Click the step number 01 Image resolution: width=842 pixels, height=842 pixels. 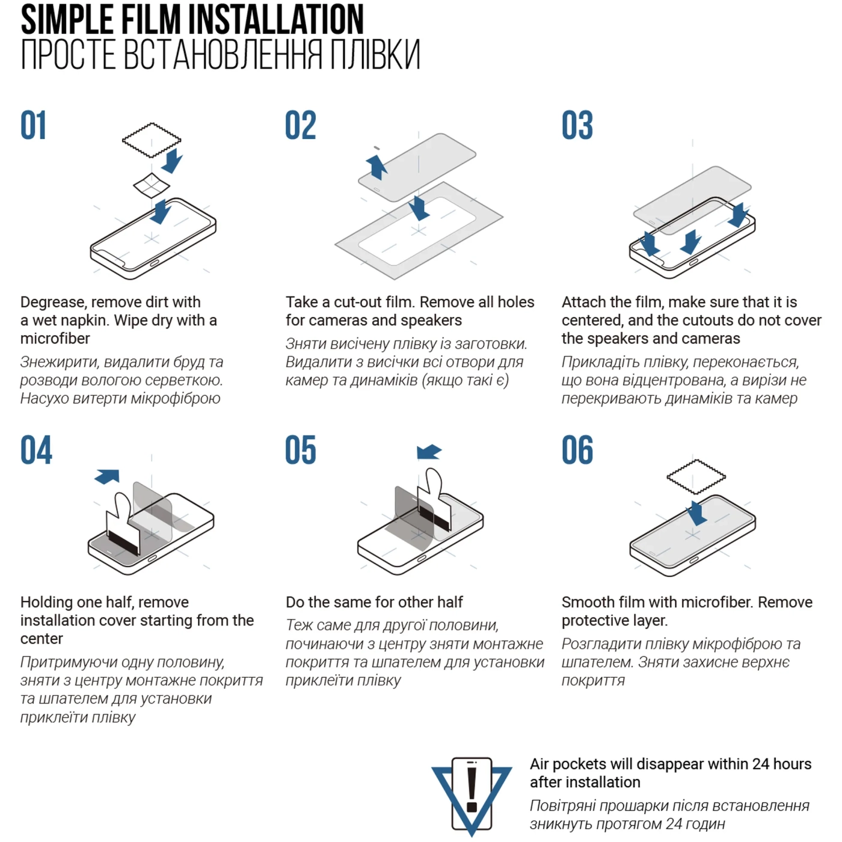click(33, 126)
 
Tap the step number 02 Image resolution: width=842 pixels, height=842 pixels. click(301, 126)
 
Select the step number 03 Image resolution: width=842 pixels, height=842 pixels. click(577, 126)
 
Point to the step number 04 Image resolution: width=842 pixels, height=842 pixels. click(36, 450)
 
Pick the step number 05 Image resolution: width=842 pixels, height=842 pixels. click(301, 450)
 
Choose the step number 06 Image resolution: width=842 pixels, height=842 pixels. click(577, 450)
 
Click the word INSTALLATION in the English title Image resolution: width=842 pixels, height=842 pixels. click(275, 19)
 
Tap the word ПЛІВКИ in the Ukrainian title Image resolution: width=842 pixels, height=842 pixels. click(375, 54)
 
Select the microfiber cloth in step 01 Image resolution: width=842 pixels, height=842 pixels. click(152, 140)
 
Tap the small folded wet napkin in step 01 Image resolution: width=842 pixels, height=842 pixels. click(151, 185)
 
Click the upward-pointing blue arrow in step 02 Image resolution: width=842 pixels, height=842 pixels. click(376, 167)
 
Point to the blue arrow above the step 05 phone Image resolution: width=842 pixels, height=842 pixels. click(429, 452)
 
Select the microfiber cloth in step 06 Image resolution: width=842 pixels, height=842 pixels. click(696, 477)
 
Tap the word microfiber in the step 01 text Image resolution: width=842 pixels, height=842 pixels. click(55, 339)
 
